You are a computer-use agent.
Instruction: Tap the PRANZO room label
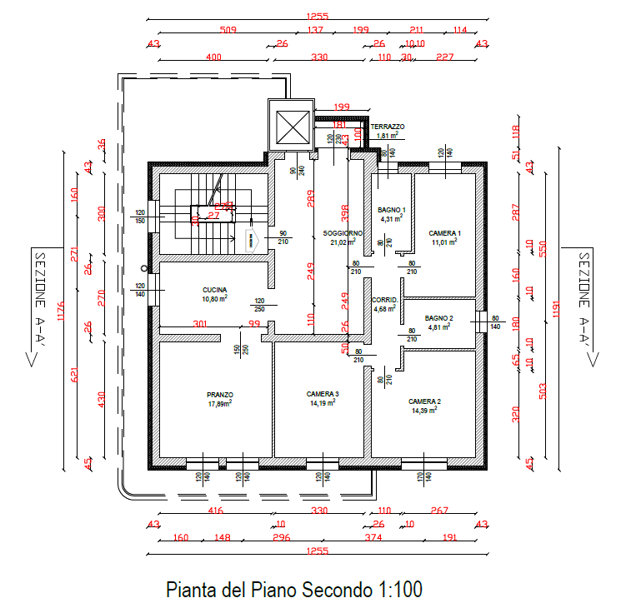point(220,395)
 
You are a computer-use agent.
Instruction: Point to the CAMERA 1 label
point(444,233)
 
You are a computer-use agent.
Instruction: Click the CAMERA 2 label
point(424,401)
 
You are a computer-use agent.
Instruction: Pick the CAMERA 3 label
point(323,394)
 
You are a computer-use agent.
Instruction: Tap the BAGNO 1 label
point(391,210)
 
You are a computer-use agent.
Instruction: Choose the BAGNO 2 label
point(438,318)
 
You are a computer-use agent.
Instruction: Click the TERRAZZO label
point(388,127)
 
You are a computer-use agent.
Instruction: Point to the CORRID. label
point(384,300)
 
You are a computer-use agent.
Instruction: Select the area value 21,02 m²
point(342,242)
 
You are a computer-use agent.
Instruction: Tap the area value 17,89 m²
point(219,404)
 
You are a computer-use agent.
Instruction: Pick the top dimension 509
point(228,30)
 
